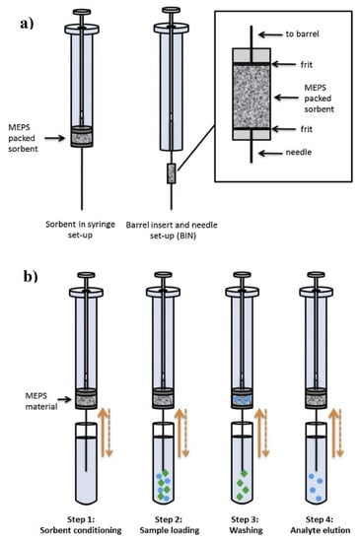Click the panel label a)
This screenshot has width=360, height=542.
pyautogui.click(x=27, y=24)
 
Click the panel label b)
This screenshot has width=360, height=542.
pyautogui.click(x=31, y=276)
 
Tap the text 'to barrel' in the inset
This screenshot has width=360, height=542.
pyautogui.click(x=302, y=34)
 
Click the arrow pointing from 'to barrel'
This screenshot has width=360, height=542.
pyautogui.click(x=270, y=34)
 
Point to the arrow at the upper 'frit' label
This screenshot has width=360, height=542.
pyautogui.click(x=284, y=64)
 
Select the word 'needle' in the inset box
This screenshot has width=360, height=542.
pyautogui.click(x=299, y=152)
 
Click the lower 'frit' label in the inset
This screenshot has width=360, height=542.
pyautogui.click(x=307, y=129)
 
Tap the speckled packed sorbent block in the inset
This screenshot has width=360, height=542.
pyautogui.click(x=252, y=97)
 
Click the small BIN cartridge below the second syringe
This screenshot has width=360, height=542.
pyautogui.click(x=172, y=173)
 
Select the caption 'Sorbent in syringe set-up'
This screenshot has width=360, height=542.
pyautogui.click(x=80, y=230)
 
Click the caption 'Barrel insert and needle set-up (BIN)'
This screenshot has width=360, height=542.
pyautogui.click(x=172, y=231)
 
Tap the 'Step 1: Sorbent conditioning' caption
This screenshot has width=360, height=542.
pyautogui.click(x=81, y=524)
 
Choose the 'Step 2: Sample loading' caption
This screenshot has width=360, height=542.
pyautogui.click(x=169, y=524)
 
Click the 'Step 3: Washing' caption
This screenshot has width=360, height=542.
pyautogui.click(x=246, y=524)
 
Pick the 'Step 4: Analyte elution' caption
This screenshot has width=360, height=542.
pyautogui.click(x=320, y=524)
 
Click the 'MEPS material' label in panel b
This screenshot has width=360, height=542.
pyautogui.click(x=41, y=401)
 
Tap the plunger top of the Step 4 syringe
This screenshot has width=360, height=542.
pyautogui.click(x=316, y=275)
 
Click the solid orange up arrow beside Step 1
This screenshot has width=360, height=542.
pyautogui.click(x=102, y=432)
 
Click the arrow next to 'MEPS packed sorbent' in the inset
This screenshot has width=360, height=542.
pyautogui.click(x=286, y=98)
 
